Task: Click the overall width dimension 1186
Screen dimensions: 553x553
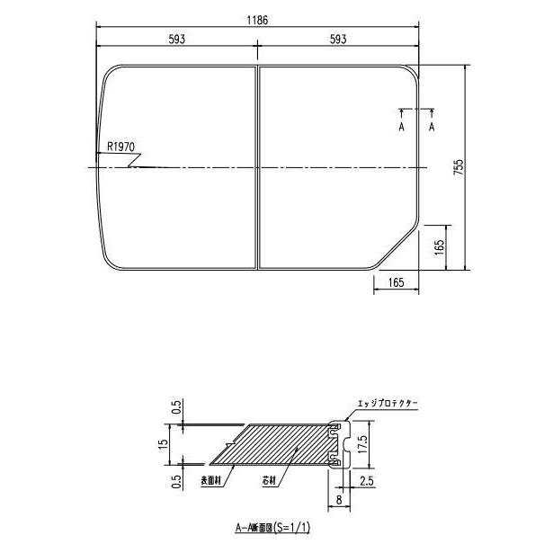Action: [258, 20]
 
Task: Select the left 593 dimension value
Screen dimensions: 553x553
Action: [178, 40]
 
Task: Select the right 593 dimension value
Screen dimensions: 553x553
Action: [338, 40]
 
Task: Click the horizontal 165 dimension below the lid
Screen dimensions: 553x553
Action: [396, 283]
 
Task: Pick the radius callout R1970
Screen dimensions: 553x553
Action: [120, 146]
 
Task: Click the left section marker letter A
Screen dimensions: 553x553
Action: [401, 129]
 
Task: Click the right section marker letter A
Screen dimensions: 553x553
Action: [433, 129]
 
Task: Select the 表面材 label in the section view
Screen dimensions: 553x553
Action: [211, 481]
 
